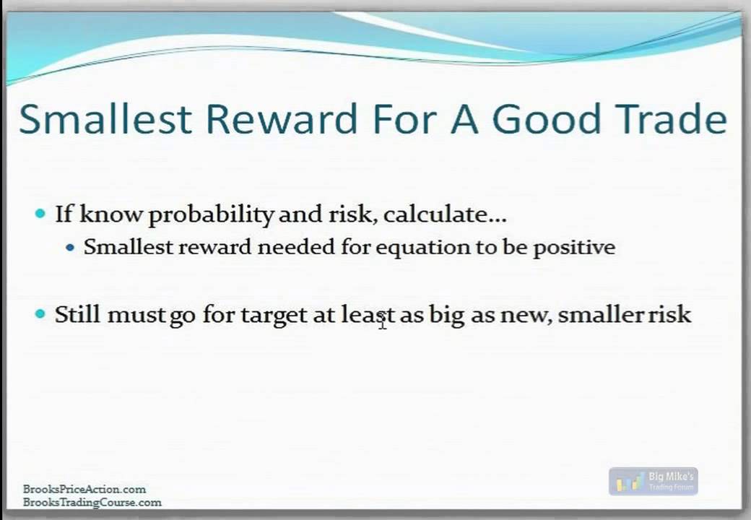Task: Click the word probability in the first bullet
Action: tap(211, 214)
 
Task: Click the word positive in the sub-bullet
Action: tap(574, 248)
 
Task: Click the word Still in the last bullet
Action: tap(77, 314)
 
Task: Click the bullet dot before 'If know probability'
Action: tap(40, 214)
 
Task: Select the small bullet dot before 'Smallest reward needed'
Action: tap(70, 248)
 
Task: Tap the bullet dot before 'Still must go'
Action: tap(40, 314)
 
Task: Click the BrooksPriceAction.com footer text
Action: tap(84, 489)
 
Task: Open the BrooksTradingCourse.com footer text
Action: tap(92, 502)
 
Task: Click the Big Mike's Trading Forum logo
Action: tap(653, 481)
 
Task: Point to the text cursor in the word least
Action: tap(382, 321)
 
